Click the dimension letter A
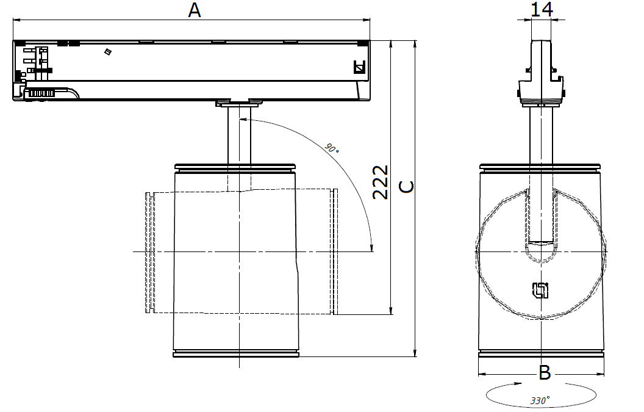pos(195,10)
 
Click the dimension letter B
pos(545,373)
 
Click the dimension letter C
pos(407,187)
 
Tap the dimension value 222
pos(381,182)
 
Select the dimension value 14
pos(542,9)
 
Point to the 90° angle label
pos(332,148)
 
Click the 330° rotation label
pos(540,400)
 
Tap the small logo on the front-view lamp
pos(540,290)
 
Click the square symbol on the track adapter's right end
pos(359,67)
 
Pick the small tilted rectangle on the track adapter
pos(108,51)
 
